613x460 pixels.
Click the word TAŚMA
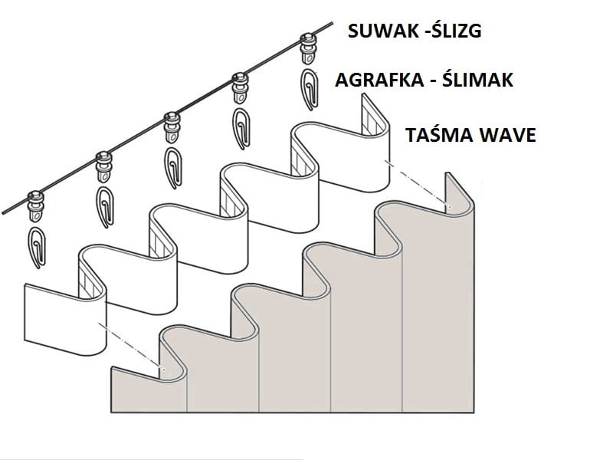432,136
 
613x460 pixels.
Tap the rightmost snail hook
310,87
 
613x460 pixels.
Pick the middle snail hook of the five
173,163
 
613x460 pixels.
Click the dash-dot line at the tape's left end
134,350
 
